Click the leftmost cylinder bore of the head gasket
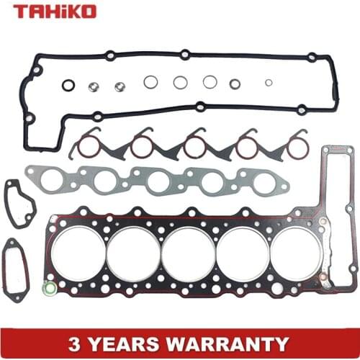pyautogui.click(x=78, y=253)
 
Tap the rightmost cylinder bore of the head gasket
pyautogui.click(x=296, y=253)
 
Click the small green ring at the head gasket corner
pyautogui.click(x=50, y=289)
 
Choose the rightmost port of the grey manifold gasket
pyautogui.click(x=264, y=182)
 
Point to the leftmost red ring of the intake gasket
pyautogui.click(x=88, y=147)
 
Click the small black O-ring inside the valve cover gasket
pyautogui.click(x=68, y=86)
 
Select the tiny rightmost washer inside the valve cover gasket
pyautogui.click(x=269, y=82)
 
